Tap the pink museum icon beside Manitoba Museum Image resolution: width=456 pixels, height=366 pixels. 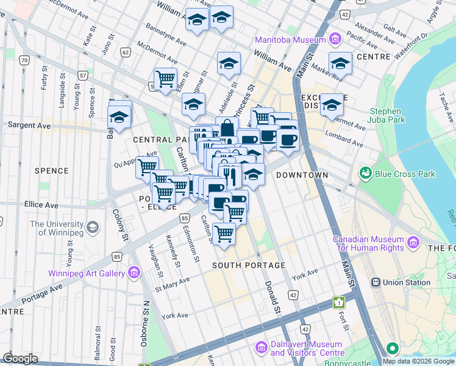(334, 40)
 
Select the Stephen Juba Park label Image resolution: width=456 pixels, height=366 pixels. (385, 116)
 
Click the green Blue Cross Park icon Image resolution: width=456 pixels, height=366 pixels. (365, 174)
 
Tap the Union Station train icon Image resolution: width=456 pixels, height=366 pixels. (376, 282)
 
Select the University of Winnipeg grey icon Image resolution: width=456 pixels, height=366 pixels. (92, 228)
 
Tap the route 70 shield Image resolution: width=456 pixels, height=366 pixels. (24, 60)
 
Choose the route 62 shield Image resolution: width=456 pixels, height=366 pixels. (126, 52)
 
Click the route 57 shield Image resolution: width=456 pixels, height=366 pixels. (82, 76)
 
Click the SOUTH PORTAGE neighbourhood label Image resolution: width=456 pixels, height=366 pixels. (249, 265)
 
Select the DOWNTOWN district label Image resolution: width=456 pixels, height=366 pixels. (302, 175)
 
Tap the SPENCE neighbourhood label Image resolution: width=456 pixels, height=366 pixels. (51, 170)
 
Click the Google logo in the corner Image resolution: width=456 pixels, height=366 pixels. (21, 358)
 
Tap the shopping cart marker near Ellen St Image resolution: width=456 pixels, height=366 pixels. (165, 79)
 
